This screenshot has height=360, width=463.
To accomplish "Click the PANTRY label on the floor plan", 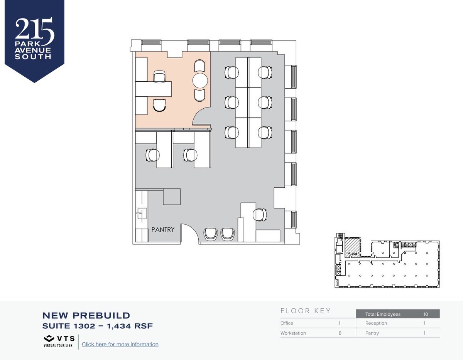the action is pyautogui.click(x=163, y=230).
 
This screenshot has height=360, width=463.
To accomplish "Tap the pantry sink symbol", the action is pyautogui.click(x=141, y=214).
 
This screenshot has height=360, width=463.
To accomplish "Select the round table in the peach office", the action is pyautogui.click(x=200, y=81).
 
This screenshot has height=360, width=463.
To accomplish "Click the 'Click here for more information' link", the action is pyautogui.click(x=120, y=344).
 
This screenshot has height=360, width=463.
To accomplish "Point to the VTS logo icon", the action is pyautogui.click(x=49, y=338).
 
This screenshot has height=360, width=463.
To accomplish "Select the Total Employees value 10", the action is pyautogui.click(x=426, y=314).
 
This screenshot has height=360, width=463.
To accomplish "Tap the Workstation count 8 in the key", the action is pyautogui.click(x=340, y=333).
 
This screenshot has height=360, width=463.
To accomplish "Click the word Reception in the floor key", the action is pyautogui.click(x=376, y=323).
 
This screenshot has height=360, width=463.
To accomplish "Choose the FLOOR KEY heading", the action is pyautogui.click(x=306, y=311).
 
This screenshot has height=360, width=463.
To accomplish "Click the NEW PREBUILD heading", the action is pyautogui.click(x=86, y=316).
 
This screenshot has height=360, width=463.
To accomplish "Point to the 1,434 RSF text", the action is pyautogui.click(x=130, y=326).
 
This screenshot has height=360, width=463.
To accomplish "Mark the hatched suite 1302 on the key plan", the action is pyautogui.click(x=353, y=247).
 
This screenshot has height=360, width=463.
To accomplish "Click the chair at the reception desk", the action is pyautogui.click(x=260, y=215).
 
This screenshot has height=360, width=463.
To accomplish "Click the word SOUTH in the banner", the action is pyautogui.click(x=33, y=57).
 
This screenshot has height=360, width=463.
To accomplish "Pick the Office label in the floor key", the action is pyautogui.click(x=287, y=323).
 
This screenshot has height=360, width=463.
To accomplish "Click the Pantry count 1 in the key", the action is pyautogui.click(x=424, y=333).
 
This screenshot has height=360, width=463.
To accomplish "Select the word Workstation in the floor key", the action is pyautogui.click(x=293, y=333).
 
